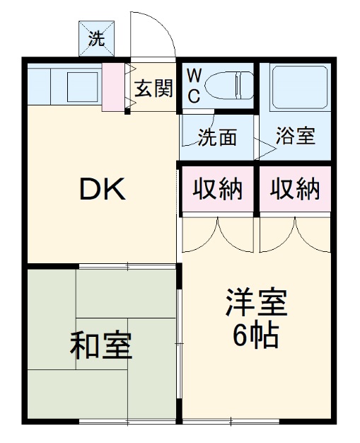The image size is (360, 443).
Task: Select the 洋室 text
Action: [x=256, y=304]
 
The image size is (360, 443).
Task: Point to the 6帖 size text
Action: [x=256, y=335]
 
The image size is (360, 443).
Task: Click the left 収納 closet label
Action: [x=218, y=189]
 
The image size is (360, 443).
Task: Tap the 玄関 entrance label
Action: [x=153, y=88]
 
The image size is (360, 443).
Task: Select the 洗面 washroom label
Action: [x=216, y=137]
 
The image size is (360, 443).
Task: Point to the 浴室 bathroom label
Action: [x=296, y=137]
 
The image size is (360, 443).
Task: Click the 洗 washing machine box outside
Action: [x=95, y=40]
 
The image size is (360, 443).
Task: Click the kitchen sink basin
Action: [x=80, y=87]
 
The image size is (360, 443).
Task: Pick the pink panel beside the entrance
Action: [x=112, y=87]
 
